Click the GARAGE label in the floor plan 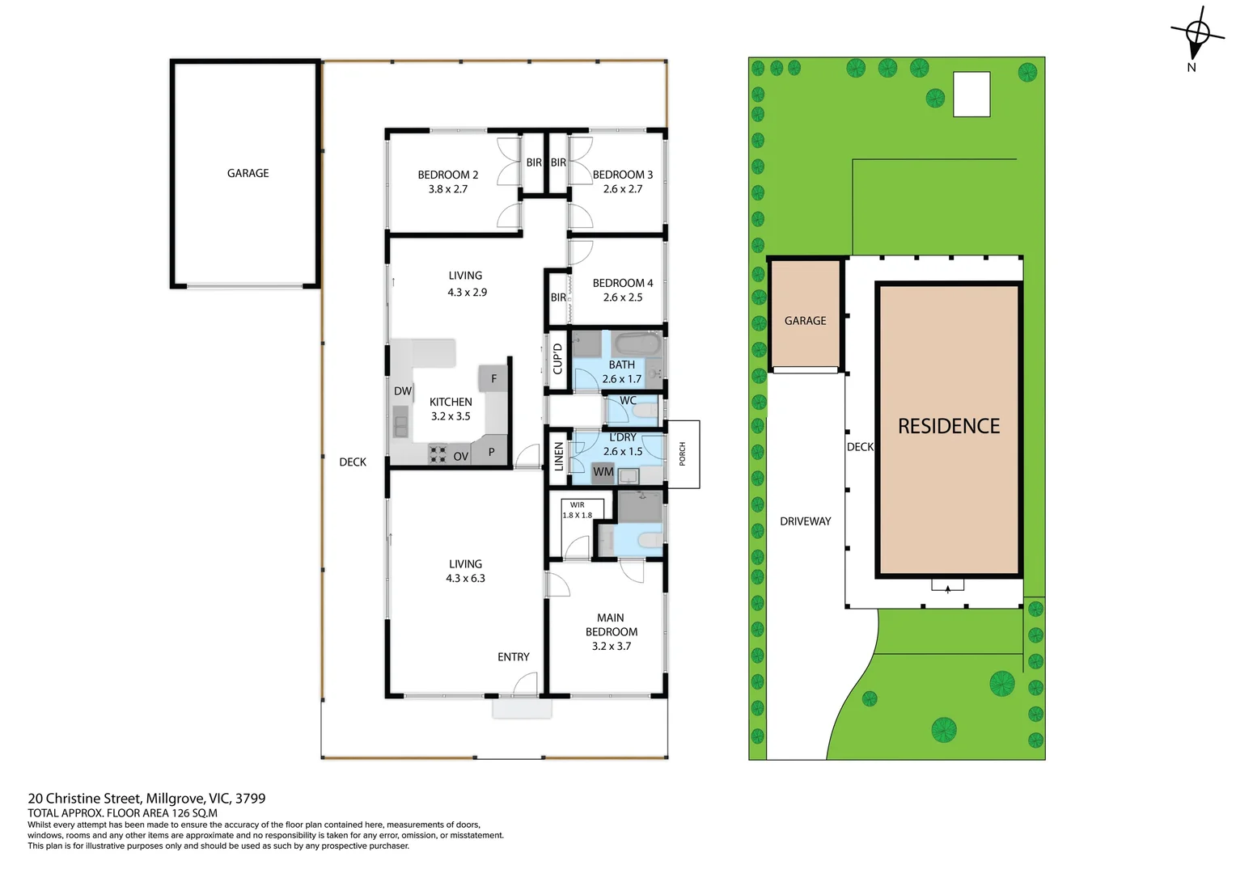[248, 173]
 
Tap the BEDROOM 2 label [447, 175]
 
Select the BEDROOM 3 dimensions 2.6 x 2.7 [622, 189]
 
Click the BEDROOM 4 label [622, 283]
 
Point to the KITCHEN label [451, 402]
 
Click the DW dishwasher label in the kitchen [403, 391]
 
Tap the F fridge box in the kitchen [493, 378]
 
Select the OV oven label [460, 457]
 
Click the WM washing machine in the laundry [603, 472]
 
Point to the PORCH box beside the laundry [683, 454]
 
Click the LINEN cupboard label [558, 457]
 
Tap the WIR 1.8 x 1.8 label [577, 510]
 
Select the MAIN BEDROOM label [611, 625]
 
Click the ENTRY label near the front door [513, 657]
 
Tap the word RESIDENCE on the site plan [949, 426]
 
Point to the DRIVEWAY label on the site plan [805, 521]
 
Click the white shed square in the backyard [971, 95]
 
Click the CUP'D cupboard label [557, 359]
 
